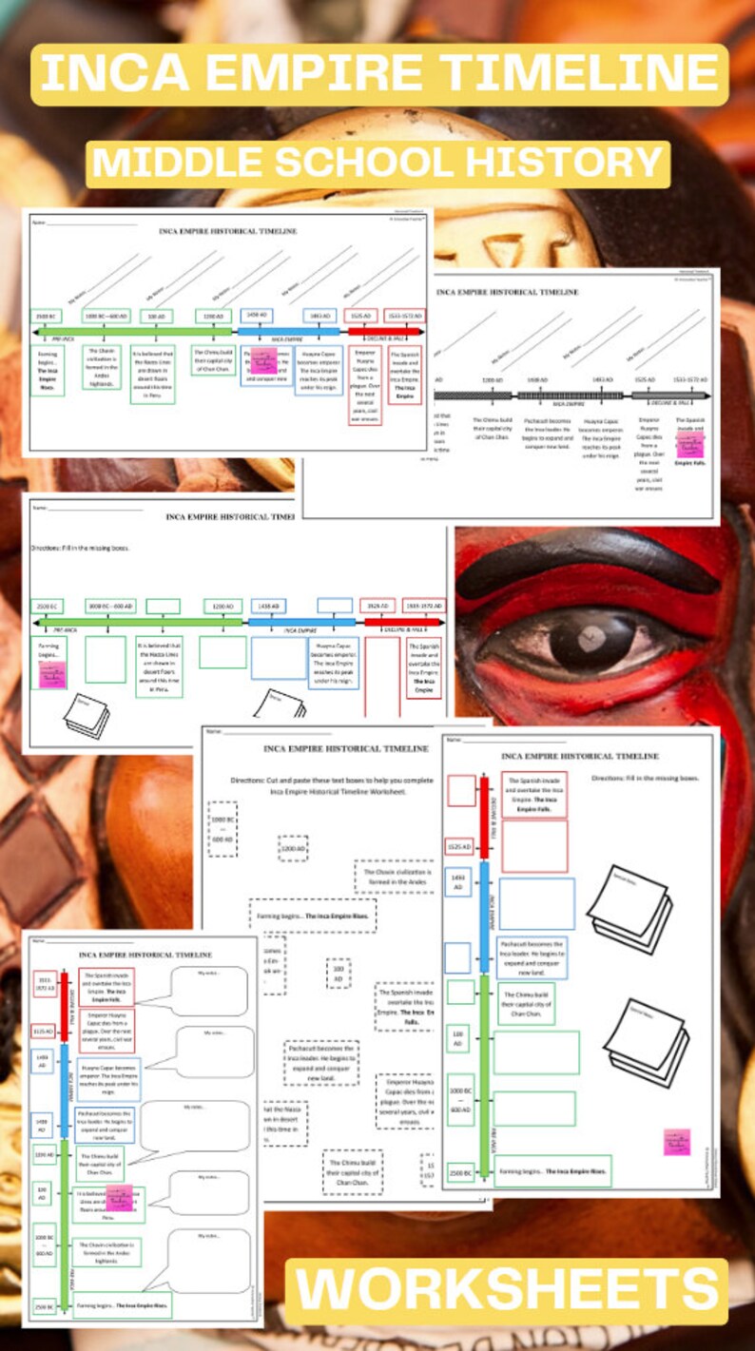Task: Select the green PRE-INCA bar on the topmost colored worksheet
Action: pos(133,332)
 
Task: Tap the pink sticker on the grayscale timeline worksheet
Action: pos(689,445)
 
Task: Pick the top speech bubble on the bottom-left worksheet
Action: pos(208,992)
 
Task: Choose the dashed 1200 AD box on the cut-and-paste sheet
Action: pos(293,848)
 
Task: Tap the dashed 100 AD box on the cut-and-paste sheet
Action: pos(338,973)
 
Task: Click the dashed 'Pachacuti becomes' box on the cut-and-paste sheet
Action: pos(321,1062)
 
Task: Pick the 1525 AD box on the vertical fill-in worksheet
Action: pos(459,845)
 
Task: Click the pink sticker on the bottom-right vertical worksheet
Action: pos(677,1141)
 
